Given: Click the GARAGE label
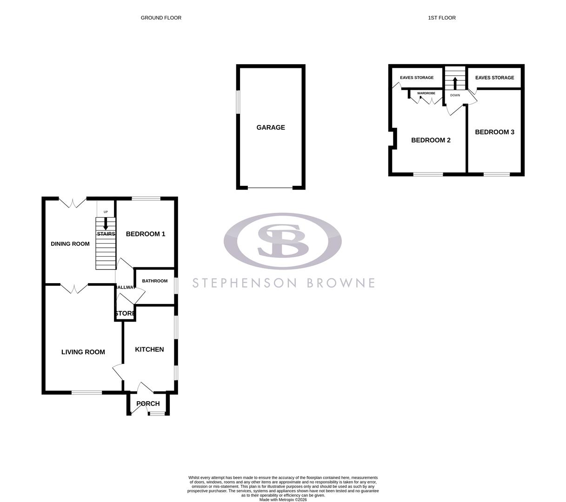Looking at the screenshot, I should (x=271, y=127).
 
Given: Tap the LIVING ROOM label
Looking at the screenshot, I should (x=83, y=352).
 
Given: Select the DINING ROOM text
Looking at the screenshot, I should (x=70, y=244).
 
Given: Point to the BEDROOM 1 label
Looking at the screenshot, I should (x=146, y=234).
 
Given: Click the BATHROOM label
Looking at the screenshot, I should (x=154, y=281).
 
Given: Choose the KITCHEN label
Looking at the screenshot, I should (x=149, y=349).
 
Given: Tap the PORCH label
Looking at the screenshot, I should (x=148, y=403).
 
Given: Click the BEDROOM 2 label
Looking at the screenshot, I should (x=431, y=140).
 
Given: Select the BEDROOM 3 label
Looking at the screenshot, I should (x=494, y=132).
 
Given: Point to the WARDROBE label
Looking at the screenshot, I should (x=426, y=93).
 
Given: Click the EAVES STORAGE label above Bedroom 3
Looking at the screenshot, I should (x=494, y=78).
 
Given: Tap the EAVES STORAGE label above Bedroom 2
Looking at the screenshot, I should (x=417, y=78).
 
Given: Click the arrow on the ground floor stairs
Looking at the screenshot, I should (x=106, y=224).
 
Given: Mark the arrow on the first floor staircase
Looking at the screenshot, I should (x=455, y=84).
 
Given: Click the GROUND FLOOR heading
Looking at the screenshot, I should (x=161, y=18).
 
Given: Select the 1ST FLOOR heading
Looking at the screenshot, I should (x=442, y=18).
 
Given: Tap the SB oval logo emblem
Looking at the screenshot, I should (x=283, y=241).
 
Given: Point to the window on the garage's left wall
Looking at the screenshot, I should (x=238, y=102).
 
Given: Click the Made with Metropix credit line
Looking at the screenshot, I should (x=283, y=500).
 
